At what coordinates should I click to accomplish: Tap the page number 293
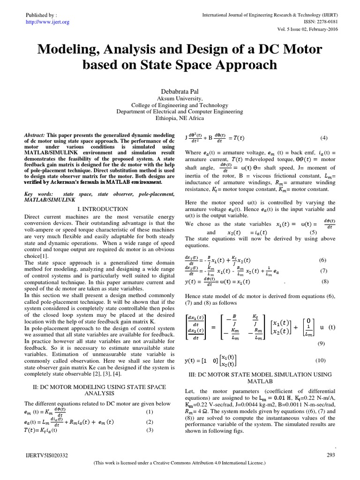click(330, 455)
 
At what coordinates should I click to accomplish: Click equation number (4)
click(323, 138)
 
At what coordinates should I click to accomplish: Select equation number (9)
click(321, 344)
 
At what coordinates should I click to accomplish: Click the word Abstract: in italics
click(35, 134)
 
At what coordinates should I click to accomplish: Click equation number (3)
click(150, 430)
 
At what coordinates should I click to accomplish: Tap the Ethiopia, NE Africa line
click(180, 119)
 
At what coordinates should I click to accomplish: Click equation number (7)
click(323, 271)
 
